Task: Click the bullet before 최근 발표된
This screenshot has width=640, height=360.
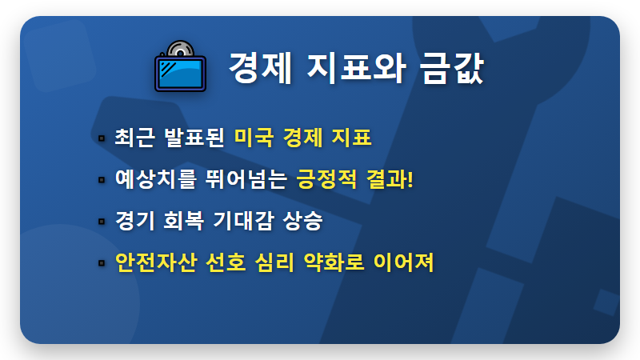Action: click(x=102, y=138)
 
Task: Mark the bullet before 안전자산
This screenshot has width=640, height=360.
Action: click(x=102, y=262)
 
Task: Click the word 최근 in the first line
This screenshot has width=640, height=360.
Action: click(x=133, y=137)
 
